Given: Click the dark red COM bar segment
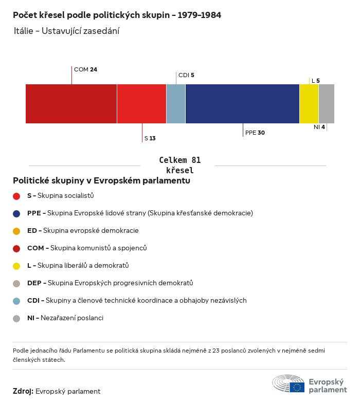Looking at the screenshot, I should point(71,104).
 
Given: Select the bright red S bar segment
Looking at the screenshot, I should point(141,104).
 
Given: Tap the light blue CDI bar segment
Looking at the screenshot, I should point(175,104).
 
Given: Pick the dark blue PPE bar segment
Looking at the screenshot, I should point(242,104).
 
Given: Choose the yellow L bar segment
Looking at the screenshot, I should point(309,104).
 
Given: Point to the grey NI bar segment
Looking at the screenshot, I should point(326,104).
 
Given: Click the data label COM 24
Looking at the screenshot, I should point(85,69).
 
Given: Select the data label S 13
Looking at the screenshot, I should point(150,138).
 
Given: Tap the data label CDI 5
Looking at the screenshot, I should point(186,75).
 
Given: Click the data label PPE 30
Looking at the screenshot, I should point(255,133).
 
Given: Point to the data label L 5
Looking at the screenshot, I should point(315,81).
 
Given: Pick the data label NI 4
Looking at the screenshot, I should point(319,127).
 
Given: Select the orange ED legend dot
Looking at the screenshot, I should point(16,231).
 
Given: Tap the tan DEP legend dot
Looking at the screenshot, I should point(16,283).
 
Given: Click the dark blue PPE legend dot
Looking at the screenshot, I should point(16,213).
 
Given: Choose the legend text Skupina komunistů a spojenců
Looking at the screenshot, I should point(98,248).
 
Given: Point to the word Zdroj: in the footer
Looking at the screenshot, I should point(23,391).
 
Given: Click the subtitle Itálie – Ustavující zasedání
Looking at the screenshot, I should point(67,31).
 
